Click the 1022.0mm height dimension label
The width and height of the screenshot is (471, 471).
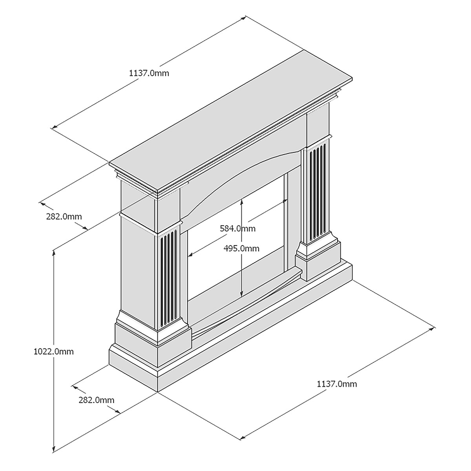point(53,351)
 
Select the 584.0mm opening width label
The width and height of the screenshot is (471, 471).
point(237,228)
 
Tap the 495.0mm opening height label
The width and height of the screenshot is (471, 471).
point(241,248)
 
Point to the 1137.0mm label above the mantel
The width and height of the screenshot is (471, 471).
point(149,73)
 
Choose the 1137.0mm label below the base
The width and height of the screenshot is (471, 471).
point(337,391)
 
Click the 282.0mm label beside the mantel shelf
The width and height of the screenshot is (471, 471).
point(64,216)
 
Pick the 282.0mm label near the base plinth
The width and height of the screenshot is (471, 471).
point(96,400)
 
